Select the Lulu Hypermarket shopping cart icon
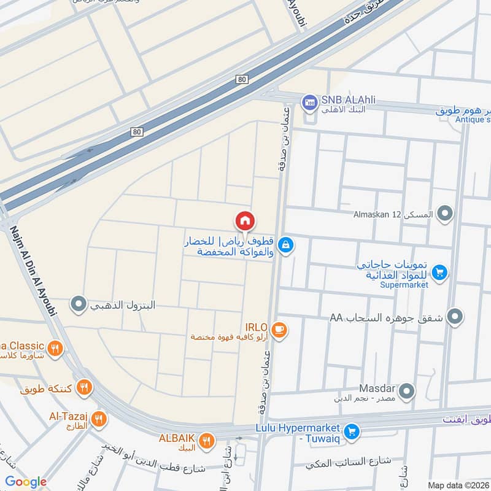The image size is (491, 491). tap(351, 432)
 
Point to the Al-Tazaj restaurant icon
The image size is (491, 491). tap(98, 419)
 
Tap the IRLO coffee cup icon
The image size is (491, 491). tap(279, 330)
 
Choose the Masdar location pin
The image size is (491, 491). tap(406, 390)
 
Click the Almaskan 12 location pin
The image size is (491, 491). tap(446, 214)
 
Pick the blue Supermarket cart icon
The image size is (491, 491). tap(439, 272)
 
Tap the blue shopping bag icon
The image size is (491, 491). tap(285, 245)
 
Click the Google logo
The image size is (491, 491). tap(26, 482)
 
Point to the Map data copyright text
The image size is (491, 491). tap(458, 485)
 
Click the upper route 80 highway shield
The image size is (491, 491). tap(242, 79)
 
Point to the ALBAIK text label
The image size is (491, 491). tap(177, 438)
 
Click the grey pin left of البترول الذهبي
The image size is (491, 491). tap(78, 304)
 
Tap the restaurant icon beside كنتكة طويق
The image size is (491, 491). tap(85, 387)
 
